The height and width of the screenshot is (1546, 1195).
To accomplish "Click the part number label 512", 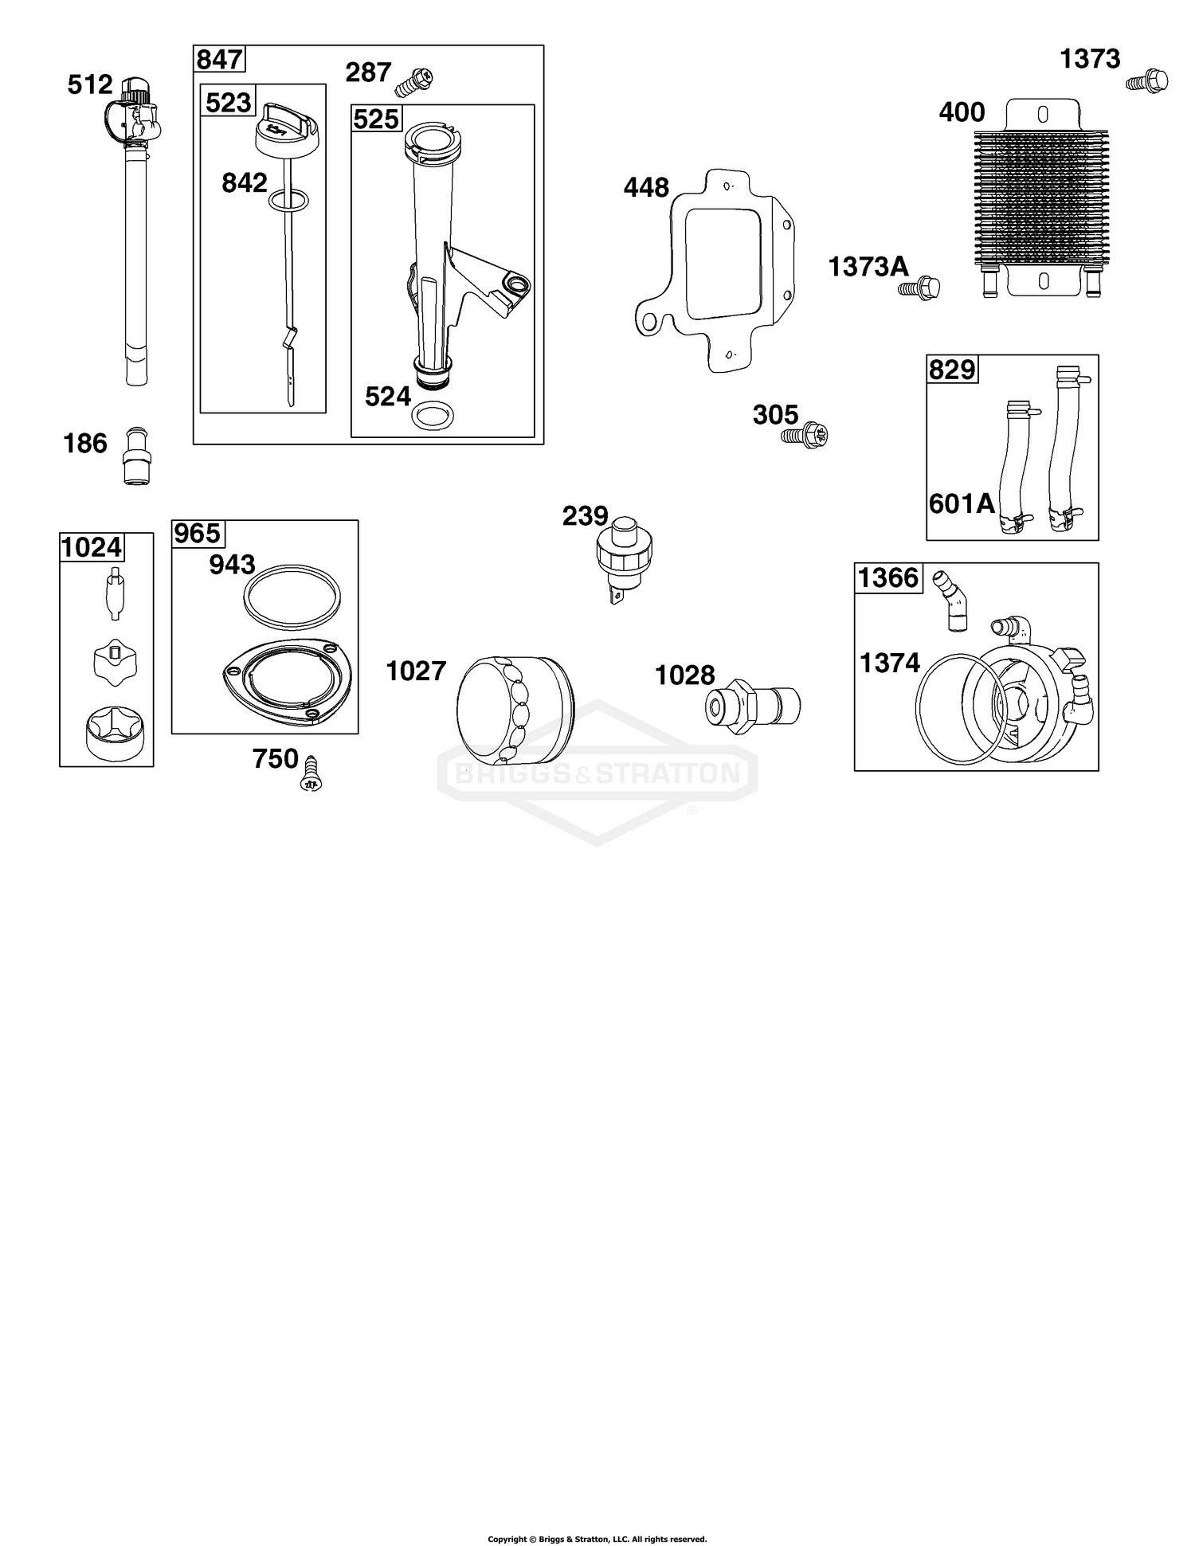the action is [90, 84].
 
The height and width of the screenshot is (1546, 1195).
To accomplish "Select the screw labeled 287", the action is [416, 80].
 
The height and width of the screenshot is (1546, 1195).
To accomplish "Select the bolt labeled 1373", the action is [1147, 81].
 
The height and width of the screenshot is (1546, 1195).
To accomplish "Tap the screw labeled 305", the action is [805, 435].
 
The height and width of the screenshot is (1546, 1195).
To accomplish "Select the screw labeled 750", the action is [311, 773].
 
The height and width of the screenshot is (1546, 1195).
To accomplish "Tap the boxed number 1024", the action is [92, 547].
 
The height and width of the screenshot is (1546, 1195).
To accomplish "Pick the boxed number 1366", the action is [888, 577].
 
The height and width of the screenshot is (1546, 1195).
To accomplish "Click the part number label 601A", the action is [962, 503].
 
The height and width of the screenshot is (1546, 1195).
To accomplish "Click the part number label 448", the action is [646, 188].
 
